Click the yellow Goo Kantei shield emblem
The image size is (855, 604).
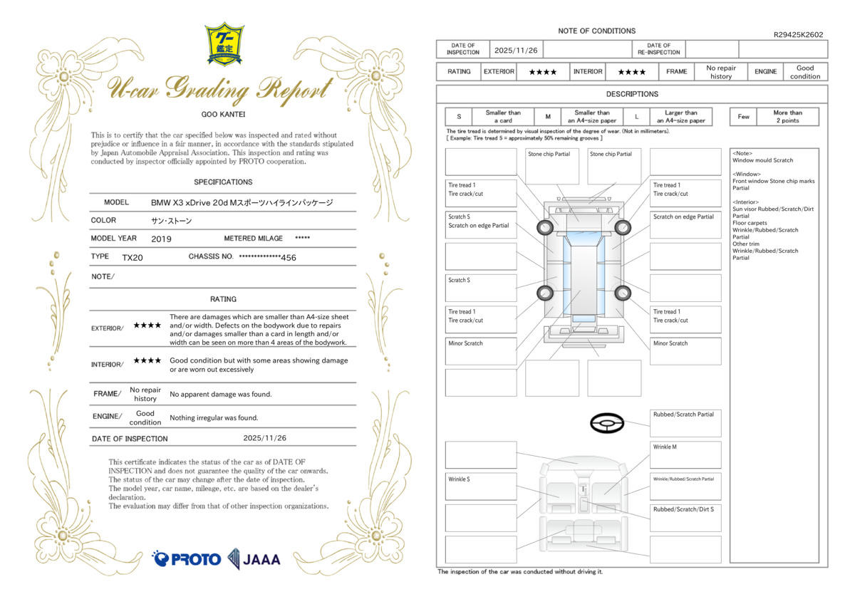224,44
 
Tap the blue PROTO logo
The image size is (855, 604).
186,559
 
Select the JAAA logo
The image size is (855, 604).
254,559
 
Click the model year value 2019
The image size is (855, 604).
161,239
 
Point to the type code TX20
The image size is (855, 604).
133,258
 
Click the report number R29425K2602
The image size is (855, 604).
798,35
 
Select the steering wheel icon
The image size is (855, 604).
607,423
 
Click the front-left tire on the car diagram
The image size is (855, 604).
544,227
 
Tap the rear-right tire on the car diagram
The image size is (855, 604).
623,293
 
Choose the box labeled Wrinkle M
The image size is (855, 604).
685,455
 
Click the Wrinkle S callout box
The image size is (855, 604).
481,486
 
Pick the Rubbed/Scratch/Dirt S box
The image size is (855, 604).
685,518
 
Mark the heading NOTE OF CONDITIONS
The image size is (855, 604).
596,31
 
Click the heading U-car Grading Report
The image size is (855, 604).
221,89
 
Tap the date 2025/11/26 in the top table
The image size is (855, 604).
516,51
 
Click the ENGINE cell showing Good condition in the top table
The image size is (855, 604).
805,72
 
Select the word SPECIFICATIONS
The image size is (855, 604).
223,182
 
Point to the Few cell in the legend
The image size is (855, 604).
743,117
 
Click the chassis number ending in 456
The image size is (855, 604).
268,258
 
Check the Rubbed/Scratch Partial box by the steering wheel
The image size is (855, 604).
685,423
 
